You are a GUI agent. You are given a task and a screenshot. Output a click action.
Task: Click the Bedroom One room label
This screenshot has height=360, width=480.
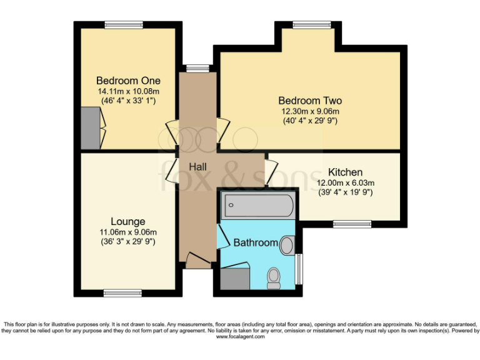coord(128,81)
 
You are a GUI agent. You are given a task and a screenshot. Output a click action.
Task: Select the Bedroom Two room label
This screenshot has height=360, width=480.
coord(310,101)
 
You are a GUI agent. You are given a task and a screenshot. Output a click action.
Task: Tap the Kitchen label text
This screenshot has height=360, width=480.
coord(346,172)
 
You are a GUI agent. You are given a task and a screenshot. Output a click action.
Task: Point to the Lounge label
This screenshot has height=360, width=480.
coord(127,221)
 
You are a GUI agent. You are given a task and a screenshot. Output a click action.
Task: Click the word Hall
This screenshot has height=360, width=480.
coord(199,166)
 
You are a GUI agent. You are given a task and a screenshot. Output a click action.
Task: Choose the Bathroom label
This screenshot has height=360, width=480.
coord(255,242)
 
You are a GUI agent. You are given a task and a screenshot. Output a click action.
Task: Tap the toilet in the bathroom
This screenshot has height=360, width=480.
coord(274,277)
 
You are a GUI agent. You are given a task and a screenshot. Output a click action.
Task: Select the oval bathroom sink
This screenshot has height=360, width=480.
coord(287,245)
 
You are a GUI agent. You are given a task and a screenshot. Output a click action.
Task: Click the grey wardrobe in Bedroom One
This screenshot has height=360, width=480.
coord(90,128)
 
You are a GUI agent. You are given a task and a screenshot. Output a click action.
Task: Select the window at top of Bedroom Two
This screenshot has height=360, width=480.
coord(312,25)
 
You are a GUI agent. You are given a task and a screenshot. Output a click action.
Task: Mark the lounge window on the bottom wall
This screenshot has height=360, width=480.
coord(122,292)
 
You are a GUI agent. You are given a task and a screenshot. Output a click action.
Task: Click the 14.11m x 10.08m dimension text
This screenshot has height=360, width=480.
coord(127,91)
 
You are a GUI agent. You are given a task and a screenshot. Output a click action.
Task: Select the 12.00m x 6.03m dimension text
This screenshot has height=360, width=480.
coord(345,183)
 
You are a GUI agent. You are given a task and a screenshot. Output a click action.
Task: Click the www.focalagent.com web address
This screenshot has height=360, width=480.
coord(240,336)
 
